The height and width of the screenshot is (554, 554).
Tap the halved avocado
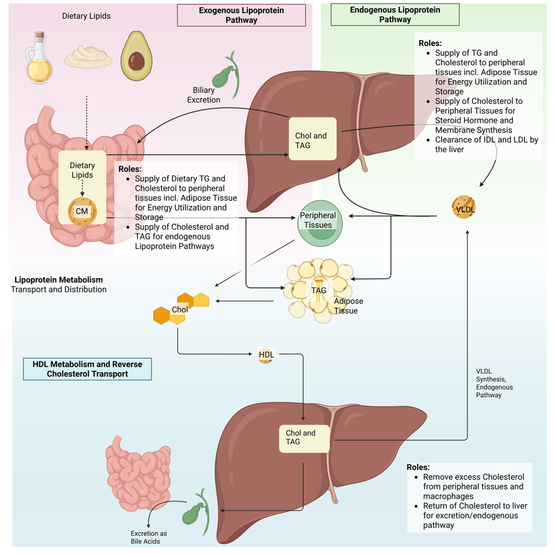136,56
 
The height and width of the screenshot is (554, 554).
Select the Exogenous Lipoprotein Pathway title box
241,15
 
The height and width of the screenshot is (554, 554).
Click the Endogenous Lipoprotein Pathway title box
395,15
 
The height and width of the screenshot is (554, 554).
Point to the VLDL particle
464,208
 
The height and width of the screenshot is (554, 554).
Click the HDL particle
266,355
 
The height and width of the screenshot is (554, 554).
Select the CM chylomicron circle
82,211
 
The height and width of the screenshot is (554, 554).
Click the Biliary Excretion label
203,95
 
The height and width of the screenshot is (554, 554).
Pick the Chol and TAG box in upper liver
312,139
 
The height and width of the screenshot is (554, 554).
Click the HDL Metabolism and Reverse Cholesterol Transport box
88,369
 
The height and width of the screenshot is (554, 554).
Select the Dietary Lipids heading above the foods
86,16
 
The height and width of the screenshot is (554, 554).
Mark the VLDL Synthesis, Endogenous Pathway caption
494,383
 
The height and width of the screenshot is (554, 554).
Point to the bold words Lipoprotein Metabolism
58,280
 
